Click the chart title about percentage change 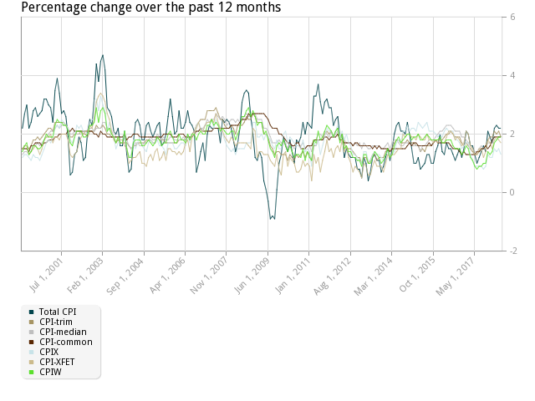point(150,7)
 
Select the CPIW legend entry point(55,372)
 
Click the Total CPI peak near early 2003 point(102,57)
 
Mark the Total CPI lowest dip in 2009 point(272,219)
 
